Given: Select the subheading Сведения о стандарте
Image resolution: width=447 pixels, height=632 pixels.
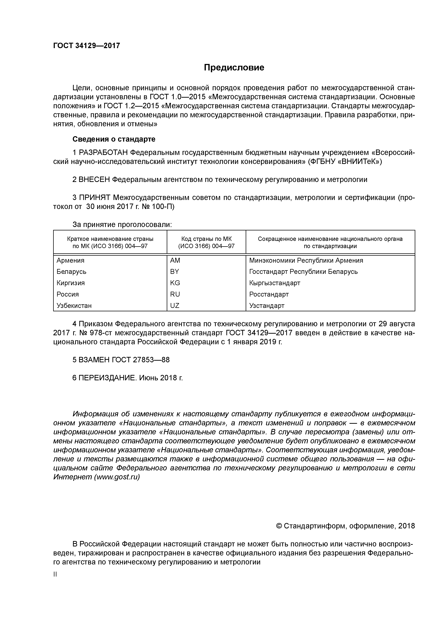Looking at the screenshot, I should click(114, 139).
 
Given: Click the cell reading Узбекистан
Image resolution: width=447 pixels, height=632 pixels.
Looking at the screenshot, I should click(74, 306).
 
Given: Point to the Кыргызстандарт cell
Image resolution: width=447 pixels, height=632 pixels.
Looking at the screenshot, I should click(275, 283).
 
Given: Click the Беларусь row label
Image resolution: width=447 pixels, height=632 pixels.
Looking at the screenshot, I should click(71, 272).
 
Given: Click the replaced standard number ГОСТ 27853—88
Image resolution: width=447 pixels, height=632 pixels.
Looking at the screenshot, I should click(141, 360).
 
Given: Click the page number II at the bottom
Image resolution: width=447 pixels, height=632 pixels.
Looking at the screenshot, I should click(55, 574).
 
